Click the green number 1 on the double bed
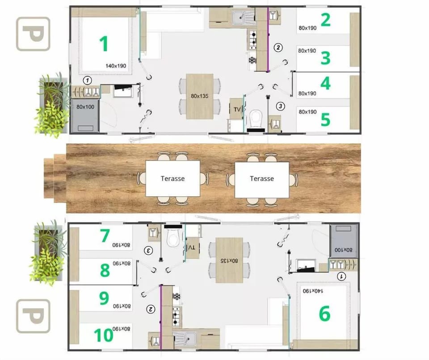click(104, 44)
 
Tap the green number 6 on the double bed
click(325, 313)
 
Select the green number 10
click(103, 335)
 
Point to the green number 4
click(325, 83)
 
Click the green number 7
click(105, 236)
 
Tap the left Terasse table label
click(172, 178)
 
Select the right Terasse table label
click(262, 178)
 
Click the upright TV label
click(237, 110)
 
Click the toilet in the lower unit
click(173, 237)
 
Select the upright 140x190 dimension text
click(116, 66)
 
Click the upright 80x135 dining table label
click(199, 96)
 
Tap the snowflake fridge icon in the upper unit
click(252, 60)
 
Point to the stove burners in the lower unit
click(176, 316)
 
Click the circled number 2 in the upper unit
click(278, 48)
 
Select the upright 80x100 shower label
click(85, 107)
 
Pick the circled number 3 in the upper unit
click(281, 106)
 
